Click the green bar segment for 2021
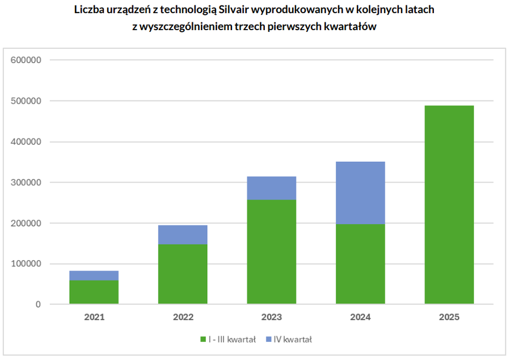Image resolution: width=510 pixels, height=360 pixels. [x=94, y=292]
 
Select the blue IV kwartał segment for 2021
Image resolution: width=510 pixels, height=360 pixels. [x=94, y=275]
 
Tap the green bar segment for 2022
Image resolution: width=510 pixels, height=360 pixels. [x=183, y=274]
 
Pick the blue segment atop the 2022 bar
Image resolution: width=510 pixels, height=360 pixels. [x=183, y=235]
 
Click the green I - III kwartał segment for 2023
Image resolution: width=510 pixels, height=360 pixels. [x=271, y=252]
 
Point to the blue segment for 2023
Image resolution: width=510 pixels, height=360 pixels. [x=271, y=188]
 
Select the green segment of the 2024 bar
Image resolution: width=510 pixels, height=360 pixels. [x=360, y=264]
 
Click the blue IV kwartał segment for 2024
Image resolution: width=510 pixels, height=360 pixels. [x=360, y=193]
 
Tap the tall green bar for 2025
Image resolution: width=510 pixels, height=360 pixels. [x=449, y=204]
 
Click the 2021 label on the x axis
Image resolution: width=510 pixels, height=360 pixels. [x=94, y=317]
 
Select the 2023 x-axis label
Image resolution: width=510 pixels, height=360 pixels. [x=271, y=317]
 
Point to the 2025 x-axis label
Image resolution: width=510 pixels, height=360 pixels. [x=449, y=317]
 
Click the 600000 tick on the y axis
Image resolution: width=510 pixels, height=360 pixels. [x=27, y=60]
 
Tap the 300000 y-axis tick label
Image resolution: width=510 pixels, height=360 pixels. [x=27, y=182]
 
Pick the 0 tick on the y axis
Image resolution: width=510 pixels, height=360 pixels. [x=38, y=305]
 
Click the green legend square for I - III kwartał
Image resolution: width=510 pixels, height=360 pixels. [x=203, y=340]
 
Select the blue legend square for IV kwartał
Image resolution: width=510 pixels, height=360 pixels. [x=268, y=340]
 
